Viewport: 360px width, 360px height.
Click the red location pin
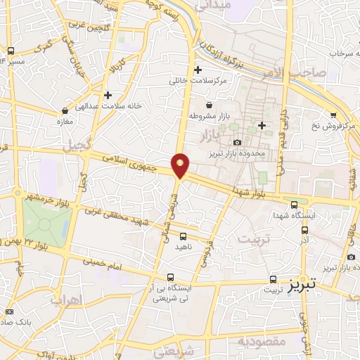tap(180, 165)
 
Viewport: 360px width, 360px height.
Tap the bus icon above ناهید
tap(183, 236)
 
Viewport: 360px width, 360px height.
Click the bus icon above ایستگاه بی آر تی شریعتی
tap(171, 278)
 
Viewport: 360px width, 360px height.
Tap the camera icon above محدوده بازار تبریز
tap(237, 143)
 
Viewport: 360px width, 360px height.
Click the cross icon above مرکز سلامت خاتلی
tap(198, 70)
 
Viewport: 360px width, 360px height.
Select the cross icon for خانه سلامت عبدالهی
tap(107, 95)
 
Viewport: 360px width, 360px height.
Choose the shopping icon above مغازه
tap(65, 110)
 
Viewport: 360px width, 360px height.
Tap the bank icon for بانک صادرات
tap(9, 311)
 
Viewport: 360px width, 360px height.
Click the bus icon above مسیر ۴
tap(11, 51)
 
